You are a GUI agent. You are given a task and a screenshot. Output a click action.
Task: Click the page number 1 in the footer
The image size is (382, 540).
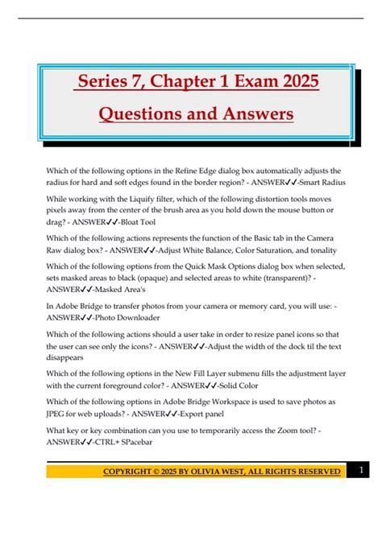coord(363,469)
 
